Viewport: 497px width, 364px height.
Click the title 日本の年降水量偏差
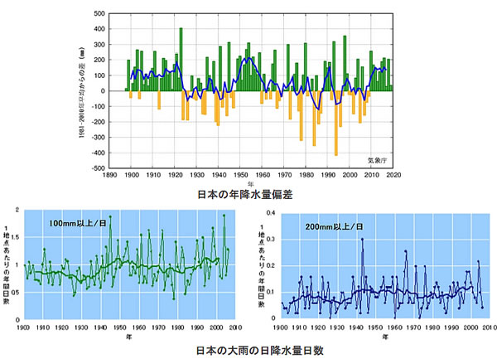pos(248,195)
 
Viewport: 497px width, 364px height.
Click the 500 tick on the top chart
pos(99,14)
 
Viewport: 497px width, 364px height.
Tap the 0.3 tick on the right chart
pos(270,239)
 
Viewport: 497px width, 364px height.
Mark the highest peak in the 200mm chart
pos(362,239)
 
